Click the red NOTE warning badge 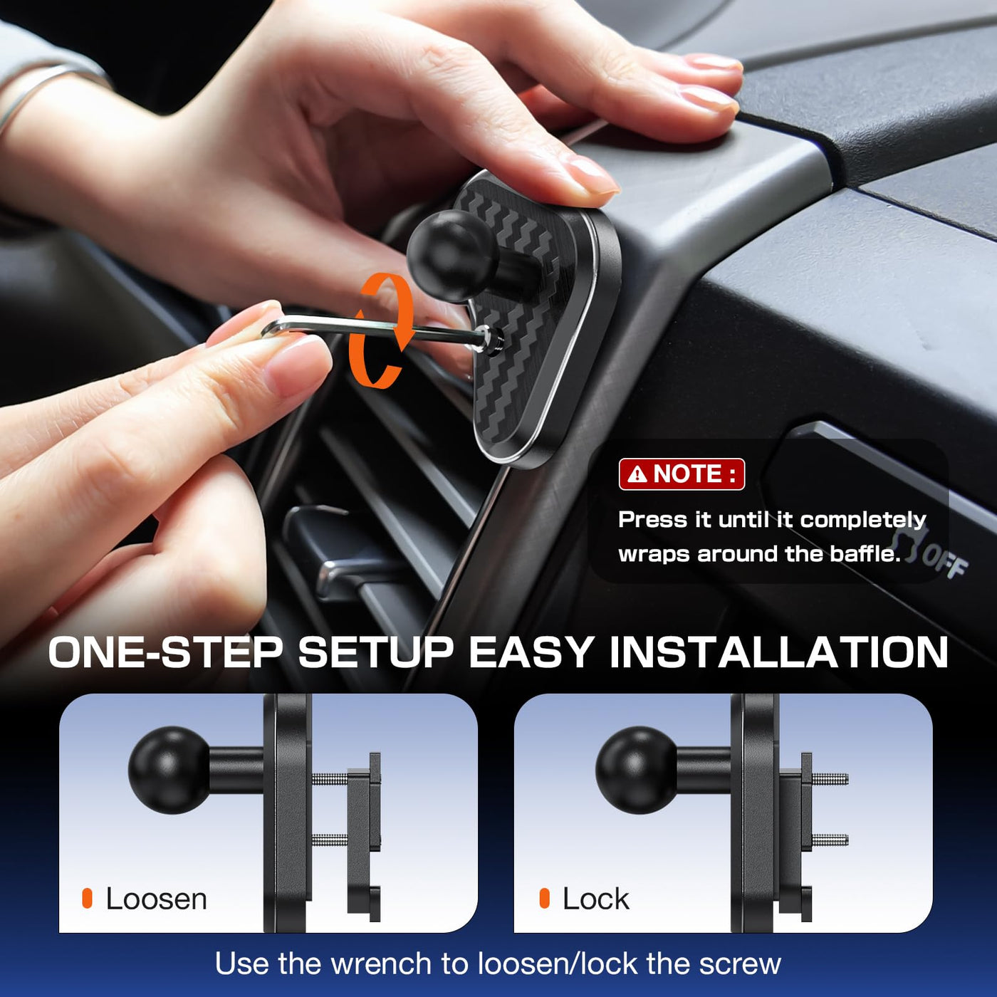[682, 474]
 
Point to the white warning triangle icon [640, 474]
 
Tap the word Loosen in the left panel [156, 899]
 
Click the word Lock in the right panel [596, 899]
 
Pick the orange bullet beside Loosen [87, 899]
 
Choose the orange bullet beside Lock [544, 899]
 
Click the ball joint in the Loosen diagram [169, 770]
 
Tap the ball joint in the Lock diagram [637, 770]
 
